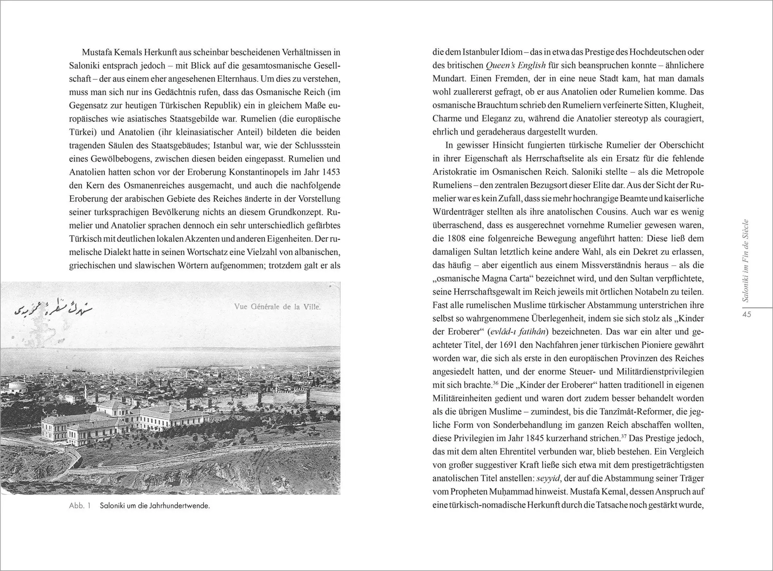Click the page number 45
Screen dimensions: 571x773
[747, 314]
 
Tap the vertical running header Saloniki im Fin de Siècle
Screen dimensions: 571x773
[746, 261]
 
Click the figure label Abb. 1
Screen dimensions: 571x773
[80, 506]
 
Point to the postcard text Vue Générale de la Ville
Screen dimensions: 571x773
[277, 307]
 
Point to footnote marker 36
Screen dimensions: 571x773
[496, 383]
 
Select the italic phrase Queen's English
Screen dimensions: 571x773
[516, 65]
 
